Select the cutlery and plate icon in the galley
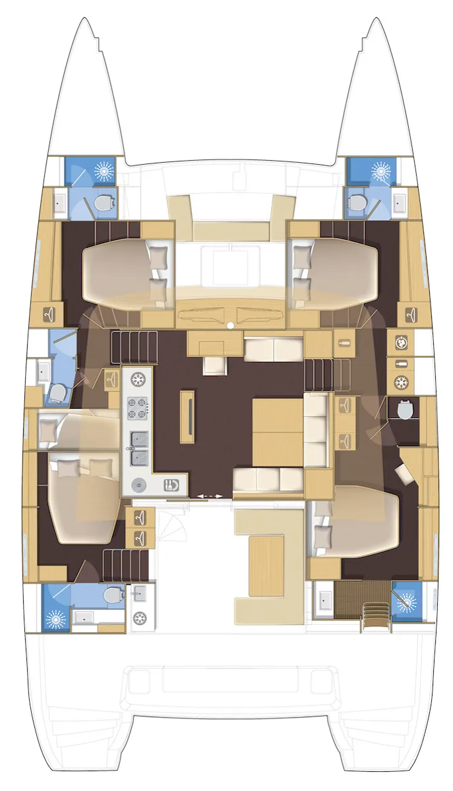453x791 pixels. (170, 485)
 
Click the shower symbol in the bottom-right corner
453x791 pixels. (405, 601)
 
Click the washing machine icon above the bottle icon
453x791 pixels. (400, 343)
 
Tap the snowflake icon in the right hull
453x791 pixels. (400, 382)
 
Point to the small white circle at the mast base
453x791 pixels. (229, 326)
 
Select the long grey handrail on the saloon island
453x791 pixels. (190, 417)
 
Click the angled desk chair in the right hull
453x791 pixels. (402, 472)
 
